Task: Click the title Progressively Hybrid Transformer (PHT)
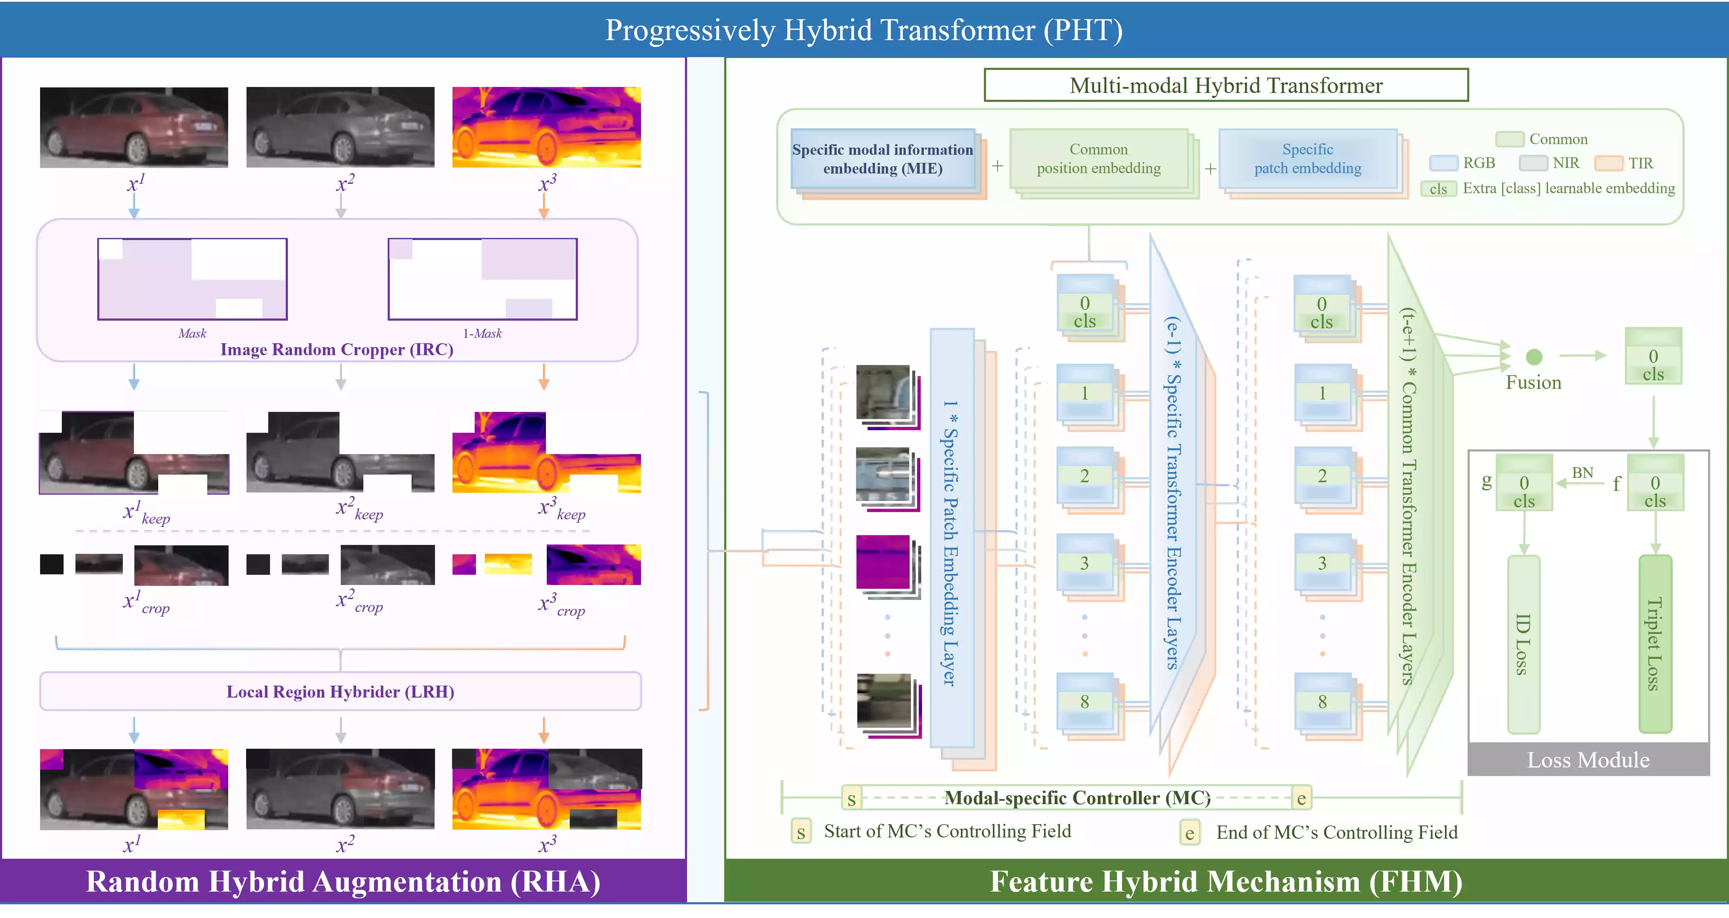pos(864,30)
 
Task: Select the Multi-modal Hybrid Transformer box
pos(1226,85)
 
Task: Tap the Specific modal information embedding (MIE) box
pos(882,159)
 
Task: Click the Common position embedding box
pos(1098,159)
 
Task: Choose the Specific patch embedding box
pos(1308,159)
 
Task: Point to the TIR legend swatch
pos(1608,163)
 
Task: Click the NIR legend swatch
pos(1533,163)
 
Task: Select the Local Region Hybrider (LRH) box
pos(340,691)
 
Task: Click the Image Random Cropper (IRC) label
pos(337,350)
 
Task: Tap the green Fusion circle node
pos(1534,356)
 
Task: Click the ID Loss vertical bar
pos(1523,644)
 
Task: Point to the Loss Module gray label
pos(1588,760)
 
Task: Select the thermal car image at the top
pos(546,127)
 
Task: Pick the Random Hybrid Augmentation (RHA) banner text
pos(343,882)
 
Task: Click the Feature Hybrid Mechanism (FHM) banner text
pos(1226,882)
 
